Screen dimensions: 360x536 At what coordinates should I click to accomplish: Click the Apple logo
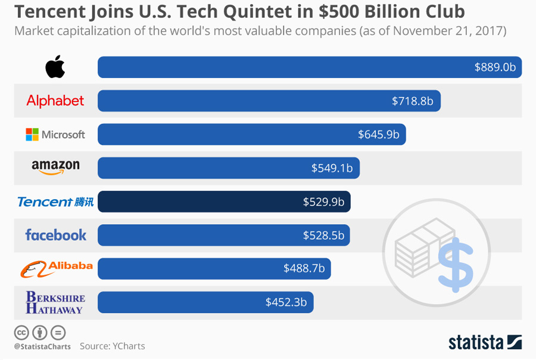pos(55,67)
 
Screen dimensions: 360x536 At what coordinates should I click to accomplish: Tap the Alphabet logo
pos(55,101)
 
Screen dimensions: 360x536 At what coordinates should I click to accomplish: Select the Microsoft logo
pos(55,135)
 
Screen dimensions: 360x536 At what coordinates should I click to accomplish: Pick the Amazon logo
pos(55,167)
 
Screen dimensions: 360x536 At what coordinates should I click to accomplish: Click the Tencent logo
pos(55,202)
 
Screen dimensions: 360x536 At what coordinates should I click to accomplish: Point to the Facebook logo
pos(55,235)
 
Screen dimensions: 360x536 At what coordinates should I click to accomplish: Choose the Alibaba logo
pos(57,268)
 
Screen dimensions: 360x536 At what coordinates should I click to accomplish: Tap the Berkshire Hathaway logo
pos(55,302)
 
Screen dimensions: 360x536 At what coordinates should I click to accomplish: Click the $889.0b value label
pos(495,67)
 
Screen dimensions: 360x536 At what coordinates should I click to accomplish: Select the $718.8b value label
pos(412,101)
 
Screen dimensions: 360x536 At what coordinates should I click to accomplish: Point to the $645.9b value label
pos(378,135)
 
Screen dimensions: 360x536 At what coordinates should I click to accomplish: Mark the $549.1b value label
pos(332,168)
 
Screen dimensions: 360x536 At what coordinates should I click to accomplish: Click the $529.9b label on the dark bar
pos(323,202)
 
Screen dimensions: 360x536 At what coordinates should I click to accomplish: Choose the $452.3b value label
pos(286,302)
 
